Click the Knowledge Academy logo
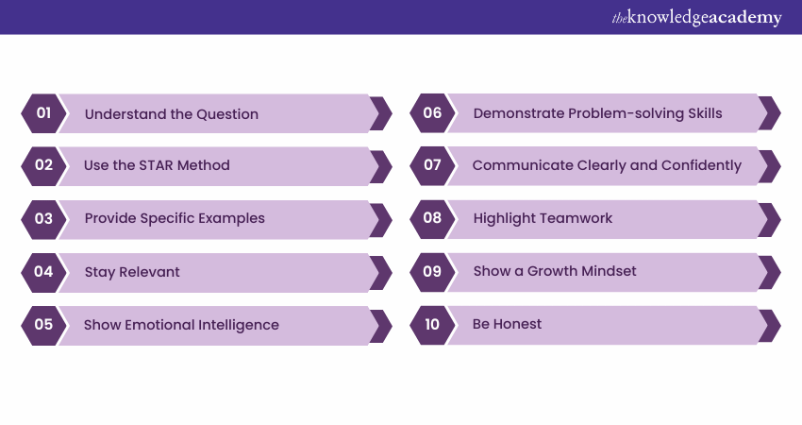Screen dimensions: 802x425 [696, 17]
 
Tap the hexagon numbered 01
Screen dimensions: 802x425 [43, 113]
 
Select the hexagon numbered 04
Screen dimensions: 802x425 [43, 272]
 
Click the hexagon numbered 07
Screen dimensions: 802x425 [432, 165]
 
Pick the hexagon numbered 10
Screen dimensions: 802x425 [432, 325]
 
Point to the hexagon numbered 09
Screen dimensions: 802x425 [432, 272]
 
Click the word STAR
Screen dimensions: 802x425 [157, 165]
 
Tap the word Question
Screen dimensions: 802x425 [227, 114]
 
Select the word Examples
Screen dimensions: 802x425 [232, 219]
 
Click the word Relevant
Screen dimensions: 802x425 [149, 271]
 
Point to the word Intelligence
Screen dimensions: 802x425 [239, 325]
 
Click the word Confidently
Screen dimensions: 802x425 [701, 165]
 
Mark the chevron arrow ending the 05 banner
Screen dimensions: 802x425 [380, 326]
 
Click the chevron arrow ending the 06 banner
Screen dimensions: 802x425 [769, 112]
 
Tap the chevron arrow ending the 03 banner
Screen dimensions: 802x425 [380, 220]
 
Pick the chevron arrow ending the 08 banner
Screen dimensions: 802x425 [769, 220]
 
